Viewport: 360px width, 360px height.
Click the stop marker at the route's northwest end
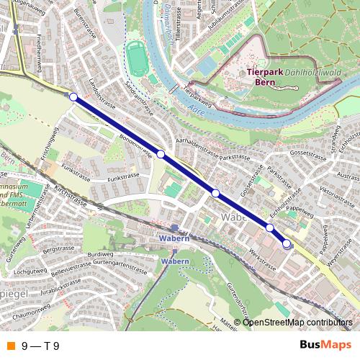point(73,96)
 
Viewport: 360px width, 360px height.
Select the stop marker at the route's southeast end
point(287,244)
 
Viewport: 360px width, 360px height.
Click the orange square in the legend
point(9,346)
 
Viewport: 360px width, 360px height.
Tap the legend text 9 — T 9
point(40,346)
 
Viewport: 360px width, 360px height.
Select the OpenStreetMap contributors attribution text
point(298,322)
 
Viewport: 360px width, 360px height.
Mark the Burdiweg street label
point(100,255)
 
